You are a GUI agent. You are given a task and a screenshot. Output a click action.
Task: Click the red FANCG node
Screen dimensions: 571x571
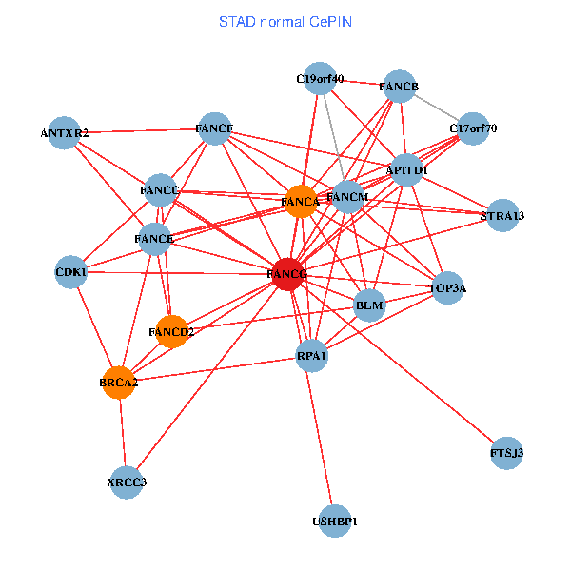click(x=288, y=274)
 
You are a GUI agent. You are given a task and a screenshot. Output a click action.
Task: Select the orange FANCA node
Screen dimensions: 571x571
click(x=301, y=202)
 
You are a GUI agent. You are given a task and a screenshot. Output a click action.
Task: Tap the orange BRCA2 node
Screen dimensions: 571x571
click(x=119, y=383)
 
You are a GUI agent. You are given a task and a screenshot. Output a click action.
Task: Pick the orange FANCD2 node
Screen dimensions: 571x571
click(x=172, y=331)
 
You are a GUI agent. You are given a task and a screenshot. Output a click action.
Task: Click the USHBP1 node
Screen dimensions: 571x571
click(x=334, y=522)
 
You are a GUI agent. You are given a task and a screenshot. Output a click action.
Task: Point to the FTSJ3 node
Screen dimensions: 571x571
click(x=506, y=452)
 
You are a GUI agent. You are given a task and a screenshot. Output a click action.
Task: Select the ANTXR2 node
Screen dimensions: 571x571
click(x=65, y=133)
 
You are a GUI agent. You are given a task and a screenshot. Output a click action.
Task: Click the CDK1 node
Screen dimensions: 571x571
click(x=71, y=273)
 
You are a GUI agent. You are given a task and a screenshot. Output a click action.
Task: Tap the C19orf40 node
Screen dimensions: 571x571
click(x=320, y=80)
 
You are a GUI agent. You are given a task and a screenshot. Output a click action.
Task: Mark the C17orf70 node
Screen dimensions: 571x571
click(x=473, y=128)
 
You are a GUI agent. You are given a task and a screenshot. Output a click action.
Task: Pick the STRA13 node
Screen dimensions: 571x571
click(x=502, y=215)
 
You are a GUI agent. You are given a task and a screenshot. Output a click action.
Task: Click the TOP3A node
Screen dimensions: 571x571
click(x=448, y=286)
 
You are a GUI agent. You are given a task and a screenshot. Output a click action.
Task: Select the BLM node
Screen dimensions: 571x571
click(x=368, y=305)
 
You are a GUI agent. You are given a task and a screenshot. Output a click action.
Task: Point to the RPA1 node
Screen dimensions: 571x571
click(x=312, y=356)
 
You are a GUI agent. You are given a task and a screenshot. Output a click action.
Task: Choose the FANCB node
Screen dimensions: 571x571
click(x=399, y=88)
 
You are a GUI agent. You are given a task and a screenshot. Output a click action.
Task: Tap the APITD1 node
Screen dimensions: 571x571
click(x=406, y=169)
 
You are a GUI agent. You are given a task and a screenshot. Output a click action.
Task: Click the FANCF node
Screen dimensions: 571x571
click(x=214, y=128)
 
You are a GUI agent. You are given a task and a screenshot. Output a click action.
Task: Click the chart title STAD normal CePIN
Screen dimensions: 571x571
click(x=285, y=21)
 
